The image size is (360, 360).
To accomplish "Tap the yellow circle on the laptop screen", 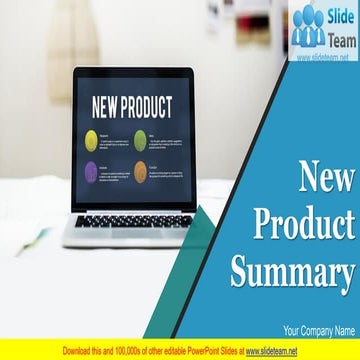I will click(91, 138).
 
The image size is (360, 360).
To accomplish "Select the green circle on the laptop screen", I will click(140, 138).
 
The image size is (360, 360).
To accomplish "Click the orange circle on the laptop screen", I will click(140, 170).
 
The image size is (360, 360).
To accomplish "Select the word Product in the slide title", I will click(305, 225).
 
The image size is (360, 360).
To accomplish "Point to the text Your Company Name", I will click(319, 330).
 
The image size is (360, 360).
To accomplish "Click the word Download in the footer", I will click(80, 351).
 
